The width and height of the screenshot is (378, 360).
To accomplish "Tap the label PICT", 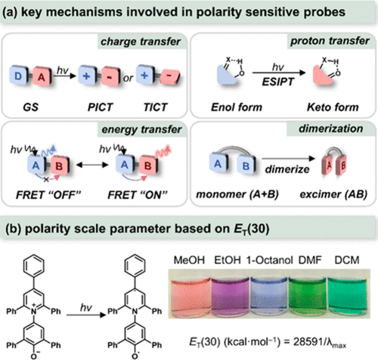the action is (x=100, y=107).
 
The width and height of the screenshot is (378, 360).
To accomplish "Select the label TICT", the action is (x=155, y=107).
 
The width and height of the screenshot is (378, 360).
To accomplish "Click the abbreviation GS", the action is (x=30, y=107).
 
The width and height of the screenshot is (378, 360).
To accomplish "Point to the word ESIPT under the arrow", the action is (x=278, y=82).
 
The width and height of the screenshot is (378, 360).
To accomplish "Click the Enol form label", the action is (x=237, y=107).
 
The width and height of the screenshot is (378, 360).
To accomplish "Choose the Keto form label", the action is (x=333, y=107).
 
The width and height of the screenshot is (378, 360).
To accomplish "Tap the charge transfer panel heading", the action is (x=141, y=42).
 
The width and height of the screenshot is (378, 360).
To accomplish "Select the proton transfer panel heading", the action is (x=330, y=41).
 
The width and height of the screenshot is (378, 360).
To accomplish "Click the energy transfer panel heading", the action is (x=141, y=129).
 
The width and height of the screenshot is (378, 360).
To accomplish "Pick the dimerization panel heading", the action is (x=331, y=129).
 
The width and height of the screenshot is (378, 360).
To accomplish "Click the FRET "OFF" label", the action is (x=48, y=195).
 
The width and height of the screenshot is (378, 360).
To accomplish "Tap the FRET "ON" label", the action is (x=138, y=195).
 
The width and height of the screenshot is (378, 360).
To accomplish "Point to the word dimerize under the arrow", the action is (x=287, y=169).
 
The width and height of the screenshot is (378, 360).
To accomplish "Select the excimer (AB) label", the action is (x=333, y=194).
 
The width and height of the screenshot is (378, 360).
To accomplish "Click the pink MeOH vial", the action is (x=191, y=296).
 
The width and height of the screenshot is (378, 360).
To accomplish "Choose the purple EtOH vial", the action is (x=230, y=296).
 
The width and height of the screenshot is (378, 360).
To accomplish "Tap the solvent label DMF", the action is (x=310, y=260).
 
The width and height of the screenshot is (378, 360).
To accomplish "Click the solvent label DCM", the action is (x=347, y=260).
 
